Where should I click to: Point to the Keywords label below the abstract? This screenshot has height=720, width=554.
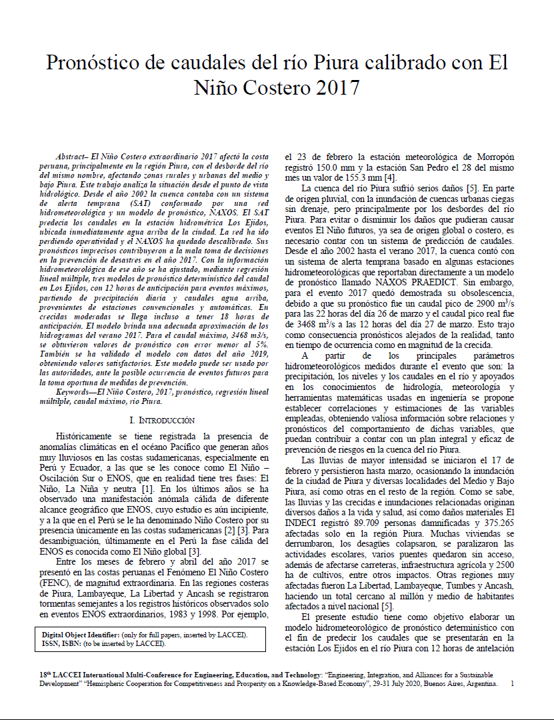pyautogui.click(x=75, y=393)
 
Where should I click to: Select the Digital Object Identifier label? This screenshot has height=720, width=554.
pyautogui.click(x=83, y=635)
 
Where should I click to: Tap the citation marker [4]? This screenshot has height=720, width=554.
pyautogui.click(x=391, y=178)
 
